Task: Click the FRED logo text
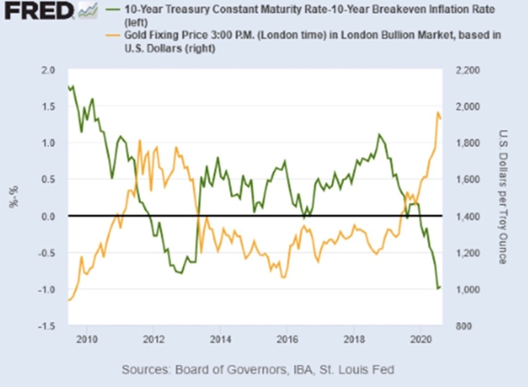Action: pos(38,10)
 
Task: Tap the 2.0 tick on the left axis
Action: pos(49,70)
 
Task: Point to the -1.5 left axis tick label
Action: pos(47,326)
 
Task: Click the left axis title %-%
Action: pos(12,198)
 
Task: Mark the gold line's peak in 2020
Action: pos(437,112)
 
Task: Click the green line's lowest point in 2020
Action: pos(437,288)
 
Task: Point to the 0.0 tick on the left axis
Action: pos(49,217)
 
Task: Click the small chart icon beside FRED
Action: pos(88,9)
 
